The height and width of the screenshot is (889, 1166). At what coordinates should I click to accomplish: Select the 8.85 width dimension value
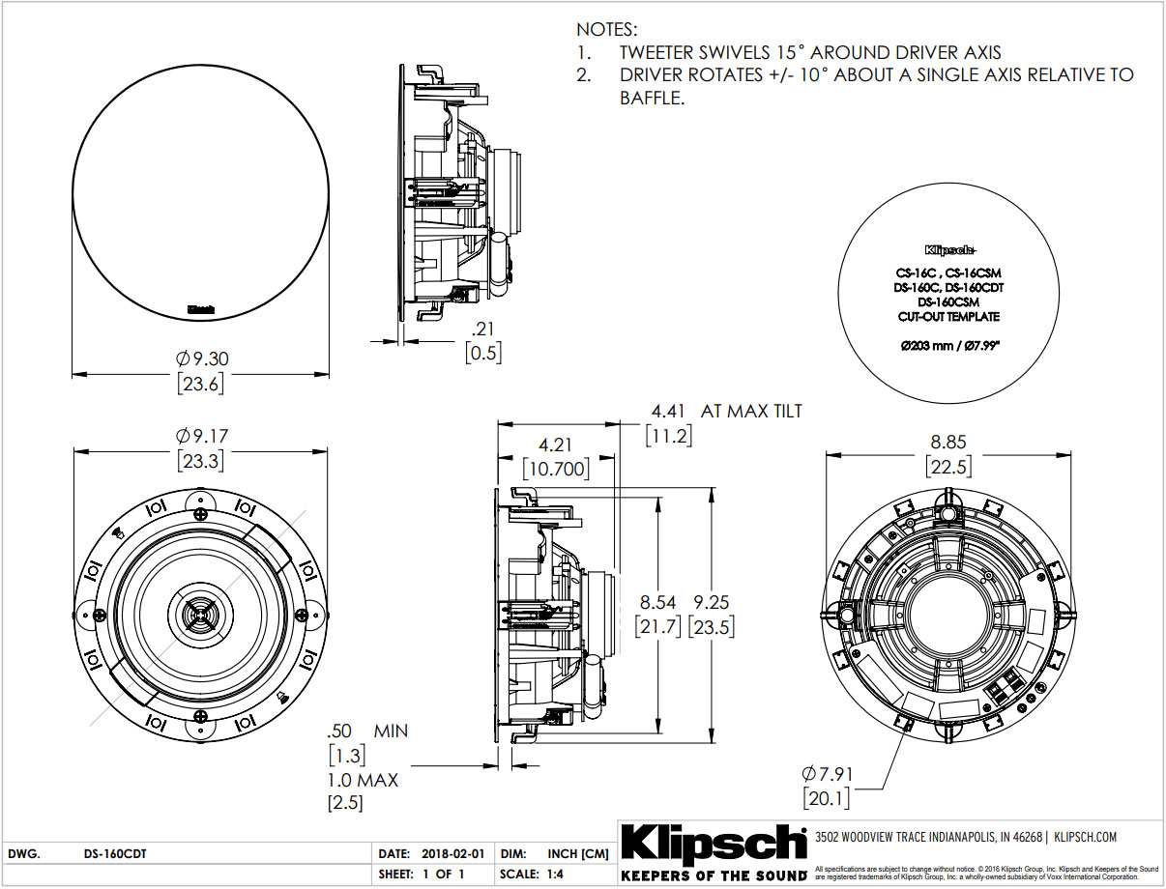949,442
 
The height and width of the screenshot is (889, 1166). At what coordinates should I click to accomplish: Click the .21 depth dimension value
483,329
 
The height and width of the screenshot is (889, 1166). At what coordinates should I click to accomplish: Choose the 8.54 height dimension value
656,602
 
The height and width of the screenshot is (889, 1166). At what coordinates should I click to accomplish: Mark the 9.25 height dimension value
711,602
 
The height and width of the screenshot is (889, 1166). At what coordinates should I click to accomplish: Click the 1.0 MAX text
363,779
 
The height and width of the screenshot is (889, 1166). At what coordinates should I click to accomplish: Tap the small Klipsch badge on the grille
200,310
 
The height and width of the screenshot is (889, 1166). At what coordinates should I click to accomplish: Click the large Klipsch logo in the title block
713,843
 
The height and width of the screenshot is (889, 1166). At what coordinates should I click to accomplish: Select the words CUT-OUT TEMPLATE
947,316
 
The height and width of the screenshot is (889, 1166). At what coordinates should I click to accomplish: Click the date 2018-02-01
454,854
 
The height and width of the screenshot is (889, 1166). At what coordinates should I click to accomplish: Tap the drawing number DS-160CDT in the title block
115,854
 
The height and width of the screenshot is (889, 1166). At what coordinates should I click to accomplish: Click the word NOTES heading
607,31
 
